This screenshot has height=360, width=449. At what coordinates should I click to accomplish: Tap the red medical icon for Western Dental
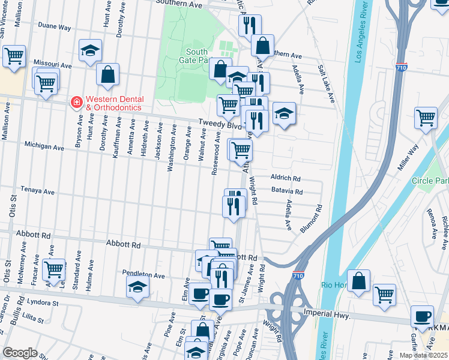coord(76,103)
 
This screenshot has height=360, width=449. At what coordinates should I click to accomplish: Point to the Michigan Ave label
coord(44,146)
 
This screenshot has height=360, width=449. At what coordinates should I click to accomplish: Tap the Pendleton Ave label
coord(143,275)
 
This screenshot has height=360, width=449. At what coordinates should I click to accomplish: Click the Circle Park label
coord(430,181)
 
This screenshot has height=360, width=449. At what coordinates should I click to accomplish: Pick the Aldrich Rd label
coord(285,179)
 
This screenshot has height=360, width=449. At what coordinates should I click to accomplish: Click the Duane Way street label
coord(54,27)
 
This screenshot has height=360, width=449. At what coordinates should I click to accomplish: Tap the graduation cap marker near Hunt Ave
coord(91,51)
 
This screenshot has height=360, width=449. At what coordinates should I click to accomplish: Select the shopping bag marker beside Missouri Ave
coord(108,74)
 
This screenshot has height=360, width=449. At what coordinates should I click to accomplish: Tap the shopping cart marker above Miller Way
coord(426,118)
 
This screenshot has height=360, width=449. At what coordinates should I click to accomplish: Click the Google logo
coord(20,353)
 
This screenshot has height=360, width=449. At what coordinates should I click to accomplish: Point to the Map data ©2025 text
coord(424,355)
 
